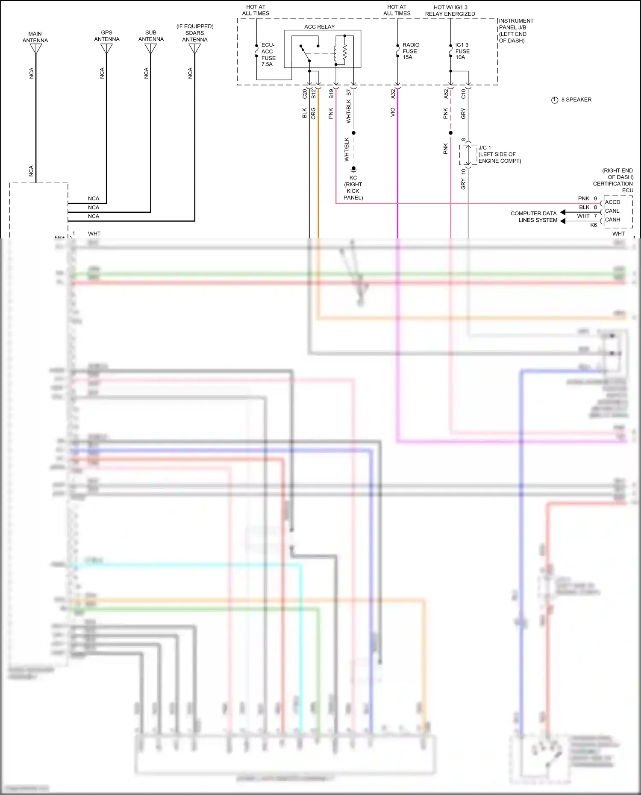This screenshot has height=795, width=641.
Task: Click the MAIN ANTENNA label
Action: pos(35,37)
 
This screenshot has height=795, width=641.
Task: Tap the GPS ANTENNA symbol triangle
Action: pos(106,48)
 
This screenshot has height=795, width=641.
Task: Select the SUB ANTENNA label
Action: pos(151,36)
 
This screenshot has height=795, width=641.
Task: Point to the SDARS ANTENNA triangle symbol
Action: pos(195,49)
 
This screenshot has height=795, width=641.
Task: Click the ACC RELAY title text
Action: pos(319,26)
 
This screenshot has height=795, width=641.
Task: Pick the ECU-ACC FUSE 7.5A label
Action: pos(268,55)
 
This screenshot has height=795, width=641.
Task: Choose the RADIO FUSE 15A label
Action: pos(410,51)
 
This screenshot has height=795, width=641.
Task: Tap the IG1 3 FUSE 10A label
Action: pos(462,51)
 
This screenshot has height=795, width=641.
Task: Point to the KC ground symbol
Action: pos(353,170)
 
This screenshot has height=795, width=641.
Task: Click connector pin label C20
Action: pos(305,94)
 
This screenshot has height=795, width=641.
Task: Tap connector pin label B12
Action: pos(313,94)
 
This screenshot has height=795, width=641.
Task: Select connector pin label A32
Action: pos(393,94)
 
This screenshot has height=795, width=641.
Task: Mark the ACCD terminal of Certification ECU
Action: pos(612,202)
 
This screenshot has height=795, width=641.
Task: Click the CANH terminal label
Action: pos(612,220)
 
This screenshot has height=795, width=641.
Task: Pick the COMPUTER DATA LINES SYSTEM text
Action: pos(534,217)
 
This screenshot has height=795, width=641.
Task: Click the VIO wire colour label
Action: pos(393,112)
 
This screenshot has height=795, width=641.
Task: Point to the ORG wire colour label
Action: pos(313,113)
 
